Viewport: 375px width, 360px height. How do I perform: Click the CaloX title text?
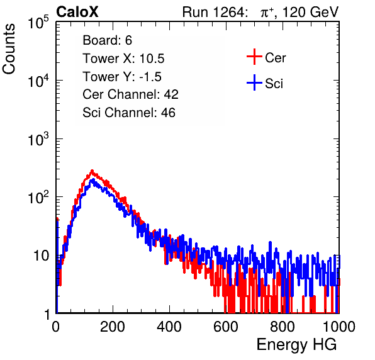pyautogui.click(x=77, y=12)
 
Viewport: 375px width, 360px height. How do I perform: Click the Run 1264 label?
pyautogui.click(x=213, y=12)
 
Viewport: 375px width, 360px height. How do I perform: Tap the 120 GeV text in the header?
pyautogui.click(x=311, y=12)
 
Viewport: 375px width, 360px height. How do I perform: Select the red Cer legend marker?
pyautogui.click(x=254, y=57)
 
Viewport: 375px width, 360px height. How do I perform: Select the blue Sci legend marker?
pyautogui.click(x=254, y=83)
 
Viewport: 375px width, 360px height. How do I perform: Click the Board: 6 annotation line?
pyautogui.click(x=107, y=40)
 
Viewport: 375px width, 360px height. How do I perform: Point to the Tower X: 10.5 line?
pyautogui.click(x=123, y=59)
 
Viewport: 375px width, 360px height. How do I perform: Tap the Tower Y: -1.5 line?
pyautogui.click(x=122, y=77)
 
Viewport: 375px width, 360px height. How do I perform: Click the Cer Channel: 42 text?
pyautogui.click(x=130, y=94)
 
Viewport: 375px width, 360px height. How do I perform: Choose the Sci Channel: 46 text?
pyautogui.click(x=129, y=113)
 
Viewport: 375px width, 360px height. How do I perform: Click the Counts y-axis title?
pyautogui.click(x=9, y=49)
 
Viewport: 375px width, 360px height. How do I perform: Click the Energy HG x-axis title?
pyautogui.click(x=296, y=344)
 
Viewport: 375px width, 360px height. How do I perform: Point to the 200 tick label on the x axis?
pyautogui.click(x=113, y=327)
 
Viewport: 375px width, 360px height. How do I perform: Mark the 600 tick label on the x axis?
pyautogui.click(x=226, y=327)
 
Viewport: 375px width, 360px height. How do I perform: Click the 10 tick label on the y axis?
pyautogui.click(x=42, y=256)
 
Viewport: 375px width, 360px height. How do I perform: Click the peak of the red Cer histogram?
pyautogui.click(x=92, y=171)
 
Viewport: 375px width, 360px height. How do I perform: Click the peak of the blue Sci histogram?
pyautogui.click(x=93, y=179)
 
